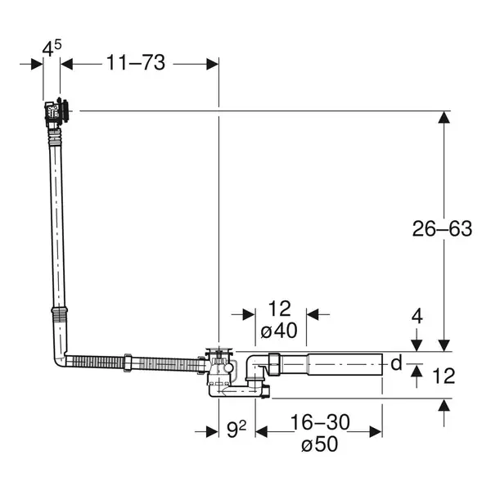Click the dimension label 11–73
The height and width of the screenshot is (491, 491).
pos(136,63)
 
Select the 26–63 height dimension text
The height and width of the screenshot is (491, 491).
pos(442,228)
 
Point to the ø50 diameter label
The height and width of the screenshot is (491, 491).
pos(320,444)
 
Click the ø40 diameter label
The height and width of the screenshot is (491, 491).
pos(279,331)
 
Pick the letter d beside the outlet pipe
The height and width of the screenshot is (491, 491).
pos(396,363)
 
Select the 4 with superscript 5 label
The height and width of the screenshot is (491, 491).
pos(52,48)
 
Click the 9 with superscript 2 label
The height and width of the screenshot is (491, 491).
pos(236,430)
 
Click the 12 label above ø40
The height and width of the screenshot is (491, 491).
pos(280,309)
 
